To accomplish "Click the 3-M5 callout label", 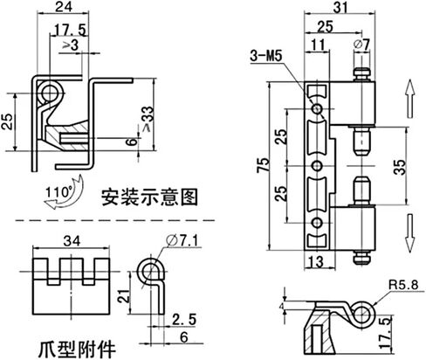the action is (x=266, y=56).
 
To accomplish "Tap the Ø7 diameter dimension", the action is (x=361, y=45).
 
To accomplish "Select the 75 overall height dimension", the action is (x=263, y=165).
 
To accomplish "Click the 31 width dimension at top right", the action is (x=340, y=8).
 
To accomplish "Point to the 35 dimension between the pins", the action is (x=400, y=167).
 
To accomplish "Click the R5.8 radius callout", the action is (x=403, y=285).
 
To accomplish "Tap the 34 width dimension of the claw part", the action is (x=72, y=241).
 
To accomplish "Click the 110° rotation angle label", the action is (x=59, y=192).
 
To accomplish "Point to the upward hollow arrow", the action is (x=410, y=98).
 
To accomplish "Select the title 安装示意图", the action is (x=149, y=197).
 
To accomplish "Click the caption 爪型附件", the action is (x=77, y=350).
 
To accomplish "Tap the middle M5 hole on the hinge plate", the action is (x=317, y=166).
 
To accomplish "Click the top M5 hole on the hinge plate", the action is (x=317, y=109).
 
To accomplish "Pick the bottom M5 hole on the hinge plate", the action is (x=317, y=223).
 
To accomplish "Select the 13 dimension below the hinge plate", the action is (x=316, y=262).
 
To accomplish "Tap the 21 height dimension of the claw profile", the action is (x=124, y=296).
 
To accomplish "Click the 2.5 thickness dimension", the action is (x=184, y=320).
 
